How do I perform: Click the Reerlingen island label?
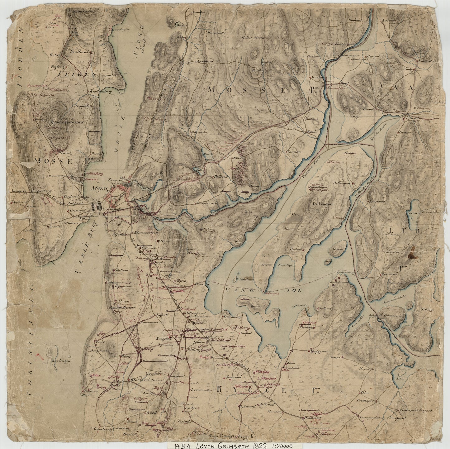(x=61, y=361)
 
